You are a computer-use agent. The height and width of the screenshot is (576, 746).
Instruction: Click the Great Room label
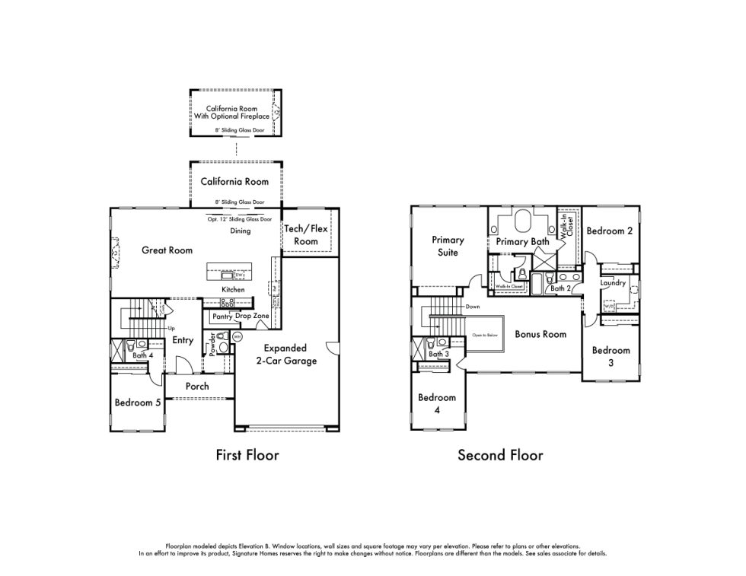click(167, 250)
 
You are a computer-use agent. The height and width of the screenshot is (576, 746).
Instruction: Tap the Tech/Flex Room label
click(305, 234)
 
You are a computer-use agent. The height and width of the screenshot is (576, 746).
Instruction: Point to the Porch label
click(196, 387)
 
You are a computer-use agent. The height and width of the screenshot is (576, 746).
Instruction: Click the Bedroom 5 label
click(137, 403)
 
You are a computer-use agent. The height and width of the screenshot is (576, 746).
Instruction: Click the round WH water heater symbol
click(237, 336)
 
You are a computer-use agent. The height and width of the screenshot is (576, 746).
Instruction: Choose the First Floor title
click(247, 456)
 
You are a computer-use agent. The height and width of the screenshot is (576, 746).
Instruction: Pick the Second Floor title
click(500, 456)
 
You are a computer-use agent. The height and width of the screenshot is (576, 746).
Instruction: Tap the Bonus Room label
click(540, 334)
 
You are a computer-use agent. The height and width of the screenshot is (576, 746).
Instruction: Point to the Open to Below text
click(484, 335)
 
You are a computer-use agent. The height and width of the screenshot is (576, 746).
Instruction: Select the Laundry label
click(613, 283)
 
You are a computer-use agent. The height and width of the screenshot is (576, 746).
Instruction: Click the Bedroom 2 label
click(609, 231)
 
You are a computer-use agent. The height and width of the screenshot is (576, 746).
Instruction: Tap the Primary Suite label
click(448, 246)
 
